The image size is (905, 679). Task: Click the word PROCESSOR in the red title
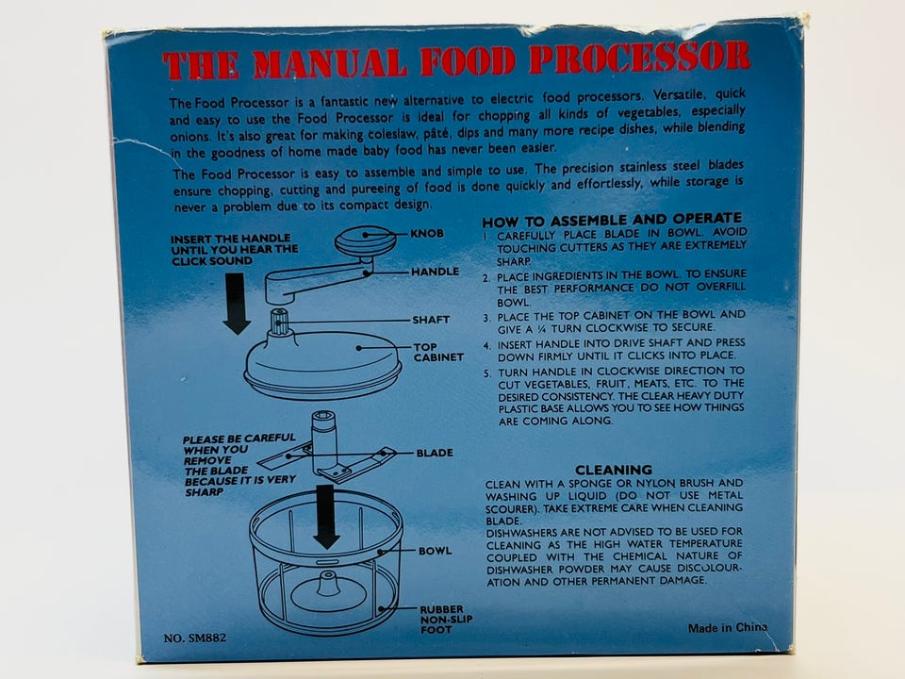click(x=639, y=58)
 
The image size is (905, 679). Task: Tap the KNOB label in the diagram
click(x=427, y=233)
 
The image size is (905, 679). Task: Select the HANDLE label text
click(x=436, y=272)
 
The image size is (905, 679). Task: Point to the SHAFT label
click(x=431, y=320)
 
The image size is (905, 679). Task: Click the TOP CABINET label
click(x=438, y=352)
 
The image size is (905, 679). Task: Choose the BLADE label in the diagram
click(x=435, y=454)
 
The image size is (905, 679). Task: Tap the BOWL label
click(x=436, y=551)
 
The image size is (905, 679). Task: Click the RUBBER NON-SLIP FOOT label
click(x=446, y=620)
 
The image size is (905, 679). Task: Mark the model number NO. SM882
click(x=195, y=638)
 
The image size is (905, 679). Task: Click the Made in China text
click(x=727, y=628)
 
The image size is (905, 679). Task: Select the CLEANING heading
click(x=614, y=470)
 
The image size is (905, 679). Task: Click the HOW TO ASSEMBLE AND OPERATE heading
click(x=612, y=220)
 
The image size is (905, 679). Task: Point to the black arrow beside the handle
click(x=236, y=304)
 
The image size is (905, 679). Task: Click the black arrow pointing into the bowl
click(x=327, y=517)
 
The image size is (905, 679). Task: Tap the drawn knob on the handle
click(x=365, y=240)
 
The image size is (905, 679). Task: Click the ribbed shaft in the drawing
click(x=279, y=323)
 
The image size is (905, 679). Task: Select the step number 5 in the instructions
click(x=487, y=373)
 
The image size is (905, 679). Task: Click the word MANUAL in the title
click(x=327, y=63)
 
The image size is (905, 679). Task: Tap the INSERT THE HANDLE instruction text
click(x=235, y=249)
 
